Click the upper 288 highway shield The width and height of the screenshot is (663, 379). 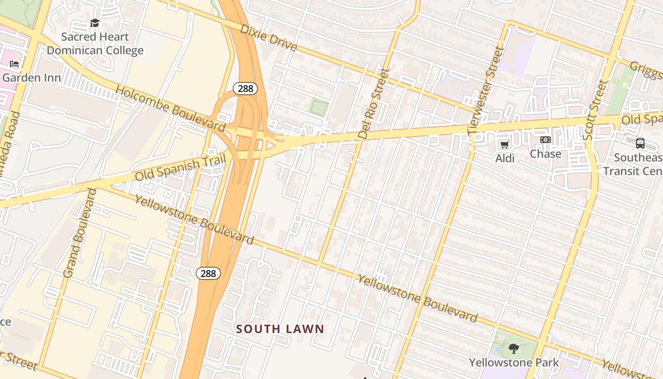tap(245, 89)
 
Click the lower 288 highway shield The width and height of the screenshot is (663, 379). tap(208, 273)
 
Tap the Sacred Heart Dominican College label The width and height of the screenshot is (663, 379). tap(95, 44)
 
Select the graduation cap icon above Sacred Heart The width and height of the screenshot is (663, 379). tap(95, 23)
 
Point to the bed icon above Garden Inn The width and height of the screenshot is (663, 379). tap(14, 64)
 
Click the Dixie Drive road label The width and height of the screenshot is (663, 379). tap(268, 37)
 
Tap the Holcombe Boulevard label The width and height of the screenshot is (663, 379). tap(170, 108)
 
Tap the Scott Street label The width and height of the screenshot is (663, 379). tap(595, 109)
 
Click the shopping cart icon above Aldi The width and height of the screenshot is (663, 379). tap(505, 144)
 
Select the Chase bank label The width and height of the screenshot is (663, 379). tap(546, 154)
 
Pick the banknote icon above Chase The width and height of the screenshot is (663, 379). tap(546, 140)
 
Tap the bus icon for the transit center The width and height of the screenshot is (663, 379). tap(640, 143)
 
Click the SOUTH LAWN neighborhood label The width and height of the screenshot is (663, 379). tap(280, 329)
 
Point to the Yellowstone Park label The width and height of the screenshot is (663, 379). tap(514, 363)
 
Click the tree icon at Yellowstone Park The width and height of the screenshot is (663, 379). tap(514, 349)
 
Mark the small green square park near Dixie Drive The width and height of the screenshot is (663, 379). tap(319, 108)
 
